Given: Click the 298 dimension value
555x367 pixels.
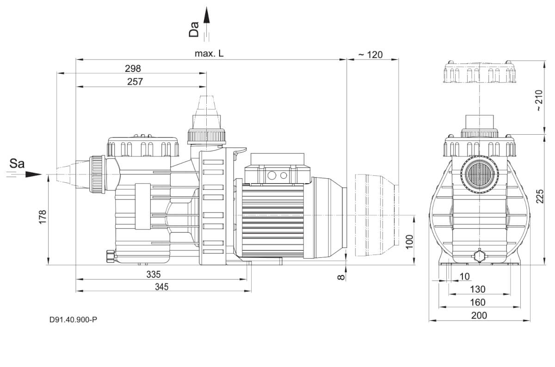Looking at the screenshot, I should point(133,68).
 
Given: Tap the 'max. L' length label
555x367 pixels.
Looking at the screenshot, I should point(209,54).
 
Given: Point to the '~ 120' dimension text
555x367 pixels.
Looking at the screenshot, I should point(370,55).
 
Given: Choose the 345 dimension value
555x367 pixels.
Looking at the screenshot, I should point(161,287).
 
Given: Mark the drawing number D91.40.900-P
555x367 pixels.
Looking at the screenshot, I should point(73,320).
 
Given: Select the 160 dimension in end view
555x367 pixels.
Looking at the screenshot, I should point(479,302).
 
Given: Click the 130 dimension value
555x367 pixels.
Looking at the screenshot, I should point(479,289).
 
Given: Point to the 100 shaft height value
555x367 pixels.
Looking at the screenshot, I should point(409,241).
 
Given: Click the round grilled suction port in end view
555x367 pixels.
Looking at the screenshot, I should point(479,175).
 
